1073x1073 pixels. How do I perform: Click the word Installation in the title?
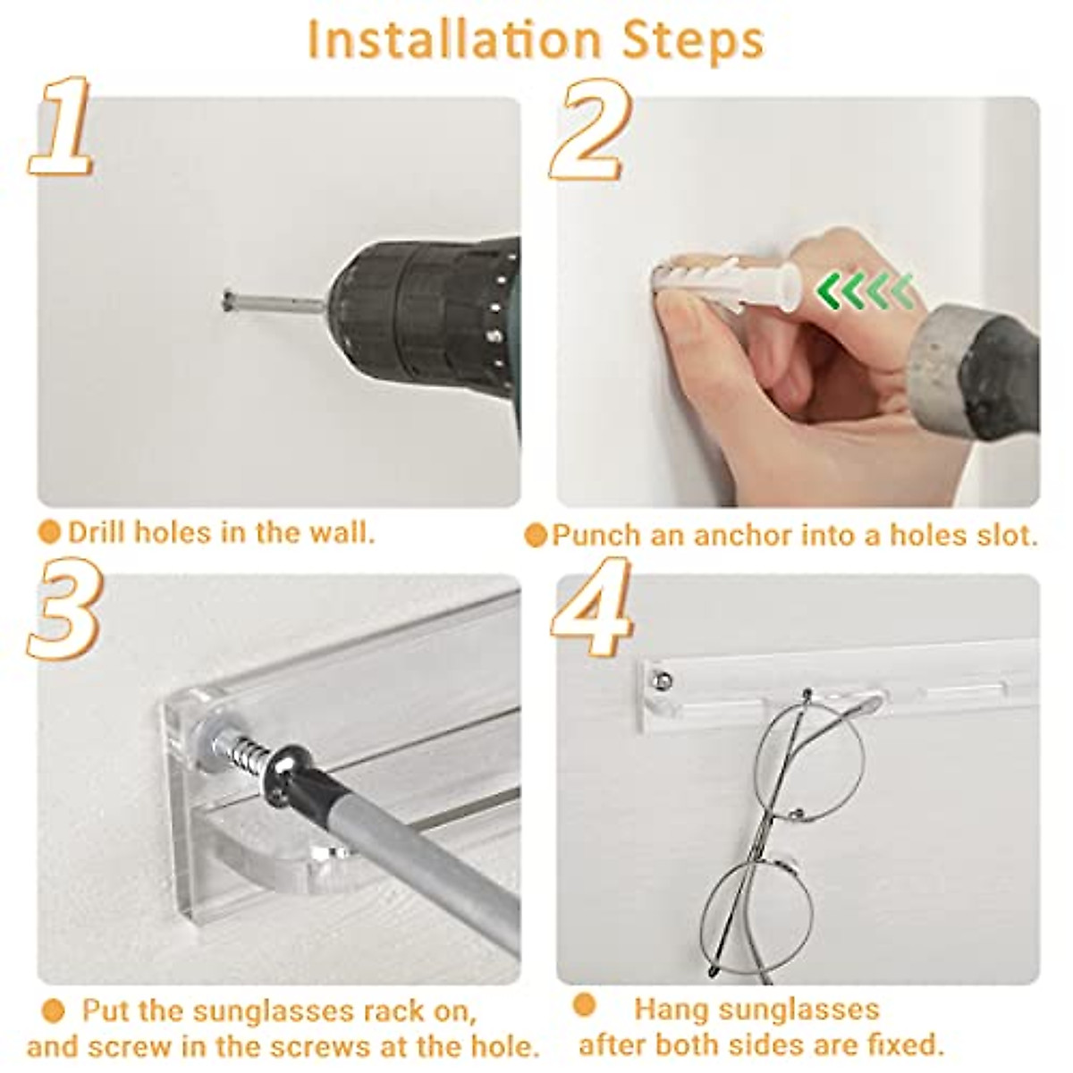(454, 40)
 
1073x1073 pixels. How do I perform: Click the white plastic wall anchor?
(727, 278)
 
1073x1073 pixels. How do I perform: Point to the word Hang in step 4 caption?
(667, 994)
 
